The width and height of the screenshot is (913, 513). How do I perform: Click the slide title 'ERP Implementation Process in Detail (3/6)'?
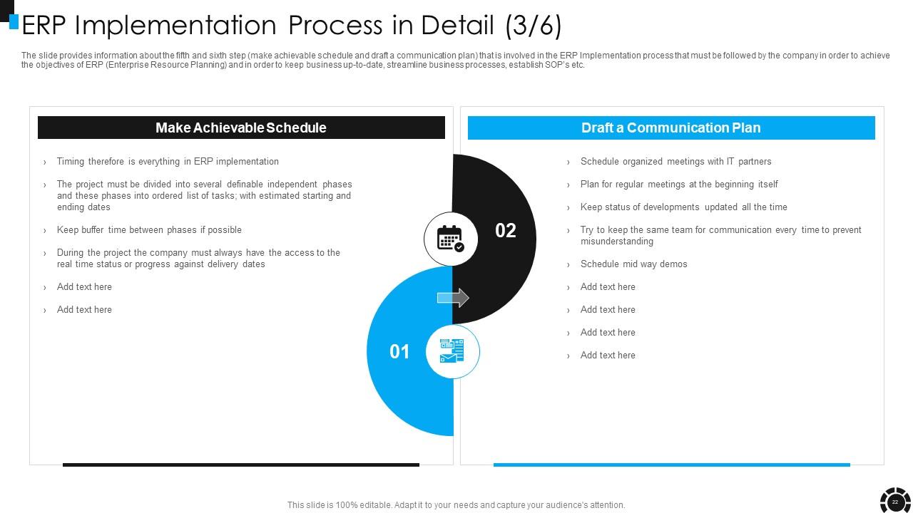292,26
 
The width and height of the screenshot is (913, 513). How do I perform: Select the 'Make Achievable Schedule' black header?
241,128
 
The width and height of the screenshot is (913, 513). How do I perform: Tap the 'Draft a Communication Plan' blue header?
671,128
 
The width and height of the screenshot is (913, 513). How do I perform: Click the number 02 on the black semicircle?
505,230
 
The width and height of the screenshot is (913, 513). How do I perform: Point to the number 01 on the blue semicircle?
399,351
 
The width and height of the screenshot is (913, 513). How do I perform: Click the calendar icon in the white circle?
450,239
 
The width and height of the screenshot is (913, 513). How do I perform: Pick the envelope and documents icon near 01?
452,351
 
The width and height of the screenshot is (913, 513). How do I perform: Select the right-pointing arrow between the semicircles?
453,298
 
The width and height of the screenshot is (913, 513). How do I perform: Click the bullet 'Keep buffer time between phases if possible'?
149,230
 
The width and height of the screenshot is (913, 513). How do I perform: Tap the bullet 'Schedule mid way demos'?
633,264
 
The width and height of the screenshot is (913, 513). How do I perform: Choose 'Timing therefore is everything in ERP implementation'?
168,162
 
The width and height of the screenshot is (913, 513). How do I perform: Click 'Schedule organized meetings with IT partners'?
675,162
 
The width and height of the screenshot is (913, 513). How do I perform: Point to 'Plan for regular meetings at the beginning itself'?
679,185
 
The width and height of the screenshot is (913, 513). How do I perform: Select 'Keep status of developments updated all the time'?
683,207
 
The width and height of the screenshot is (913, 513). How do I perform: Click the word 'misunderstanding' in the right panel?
617,242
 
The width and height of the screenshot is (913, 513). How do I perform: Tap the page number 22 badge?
895,502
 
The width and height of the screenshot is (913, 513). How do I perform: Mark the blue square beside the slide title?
14,22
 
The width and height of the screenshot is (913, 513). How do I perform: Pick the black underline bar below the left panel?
241,465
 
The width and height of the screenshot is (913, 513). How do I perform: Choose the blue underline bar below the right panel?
671,465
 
